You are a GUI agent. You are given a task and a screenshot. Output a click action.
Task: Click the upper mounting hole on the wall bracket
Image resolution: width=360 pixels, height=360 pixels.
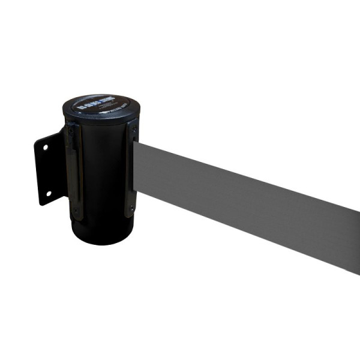click(43, 145)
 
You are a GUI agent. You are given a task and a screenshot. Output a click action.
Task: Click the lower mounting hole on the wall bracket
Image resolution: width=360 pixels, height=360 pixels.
click(47, 194)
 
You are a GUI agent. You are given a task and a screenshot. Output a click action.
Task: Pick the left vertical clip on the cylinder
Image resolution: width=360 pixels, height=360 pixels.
click(73, 171)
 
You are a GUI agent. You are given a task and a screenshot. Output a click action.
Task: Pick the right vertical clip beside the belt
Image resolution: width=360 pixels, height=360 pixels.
click(131, 168)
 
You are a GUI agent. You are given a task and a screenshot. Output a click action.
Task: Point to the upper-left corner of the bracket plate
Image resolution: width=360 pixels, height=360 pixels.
click(35, 143)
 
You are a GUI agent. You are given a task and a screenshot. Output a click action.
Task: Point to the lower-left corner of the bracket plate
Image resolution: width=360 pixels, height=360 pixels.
click(40, 204)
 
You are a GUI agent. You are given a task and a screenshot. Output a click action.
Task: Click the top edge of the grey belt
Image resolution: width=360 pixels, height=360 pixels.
click(252, 165)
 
